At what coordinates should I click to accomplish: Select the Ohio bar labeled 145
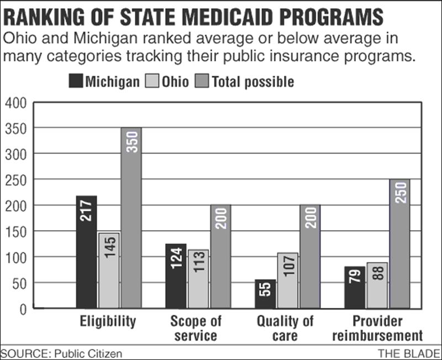[x=109, y=271]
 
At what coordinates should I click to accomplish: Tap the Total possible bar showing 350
[x=131, y=218]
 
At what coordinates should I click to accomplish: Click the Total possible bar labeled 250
[x=399, y=243]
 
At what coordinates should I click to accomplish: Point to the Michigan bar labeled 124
[x=176, y=276]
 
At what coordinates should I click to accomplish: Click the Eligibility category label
[x=108, y=321]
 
